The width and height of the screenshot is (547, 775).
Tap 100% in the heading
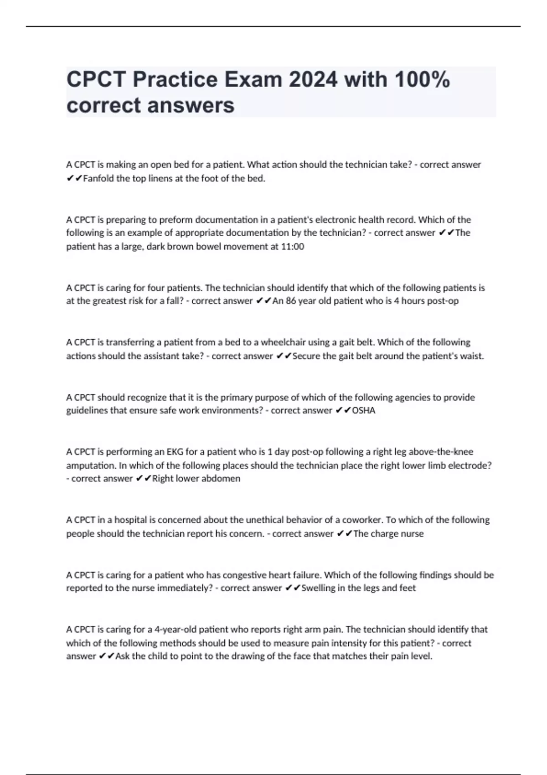pos(422,80)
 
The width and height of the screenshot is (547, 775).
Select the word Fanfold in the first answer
pos(98,179)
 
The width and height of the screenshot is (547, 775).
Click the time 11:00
pos(293,247)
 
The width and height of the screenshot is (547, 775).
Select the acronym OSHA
pos(364,410)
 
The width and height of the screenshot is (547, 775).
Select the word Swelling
pos(318,588)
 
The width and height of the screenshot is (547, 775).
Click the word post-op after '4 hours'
pos(443,301)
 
